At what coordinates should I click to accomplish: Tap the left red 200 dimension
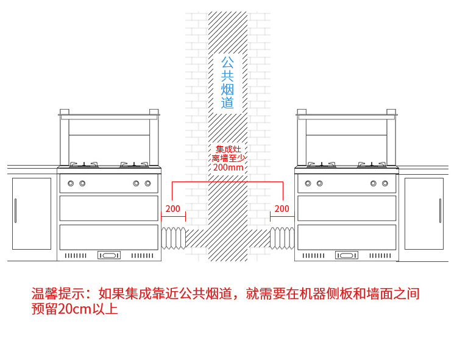[x=172, y=209]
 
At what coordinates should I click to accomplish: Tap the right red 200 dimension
[x=282, y=209]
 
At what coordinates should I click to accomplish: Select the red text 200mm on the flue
[x=228, y=168]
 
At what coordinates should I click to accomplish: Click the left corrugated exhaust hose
[x=174, y=238]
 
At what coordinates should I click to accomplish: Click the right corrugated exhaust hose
[x=282, y=238]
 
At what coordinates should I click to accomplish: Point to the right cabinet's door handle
[x=440, y=211]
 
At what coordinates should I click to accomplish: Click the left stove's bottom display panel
[x=109, y=255]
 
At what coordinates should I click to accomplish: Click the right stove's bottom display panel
[x=347, y=255]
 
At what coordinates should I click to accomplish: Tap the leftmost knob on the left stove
[x=71, y=183]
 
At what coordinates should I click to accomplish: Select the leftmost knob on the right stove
[x=308, y=183]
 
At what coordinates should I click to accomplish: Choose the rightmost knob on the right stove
[x=384, y=183]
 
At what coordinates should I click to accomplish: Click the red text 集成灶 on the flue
[x=228, y=149]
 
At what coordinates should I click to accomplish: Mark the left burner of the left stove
[x=84, y=164]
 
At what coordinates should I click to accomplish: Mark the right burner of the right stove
[x=372, y=164]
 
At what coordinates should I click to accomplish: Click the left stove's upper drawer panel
[x=109, y=208]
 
